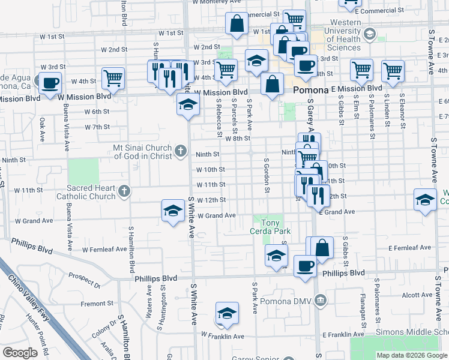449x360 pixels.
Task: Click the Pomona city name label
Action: tap(310, 90)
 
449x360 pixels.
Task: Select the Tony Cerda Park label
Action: tap(270, 226)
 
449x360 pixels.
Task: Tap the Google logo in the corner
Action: tap(20, 353)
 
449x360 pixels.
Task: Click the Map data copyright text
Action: tap(412, 355)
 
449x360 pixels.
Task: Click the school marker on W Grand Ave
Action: tap(173, 211)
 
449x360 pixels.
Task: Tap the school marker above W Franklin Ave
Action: tap(226, 314)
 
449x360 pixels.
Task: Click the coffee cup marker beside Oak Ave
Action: tap(50, 82)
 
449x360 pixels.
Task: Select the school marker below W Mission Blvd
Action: tap(188, 106)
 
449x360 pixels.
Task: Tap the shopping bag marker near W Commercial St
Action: tap(237, 23)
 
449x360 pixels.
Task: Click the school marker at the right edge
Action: tap(425, 200)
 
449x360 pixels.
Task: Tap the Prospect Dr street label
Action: tap(85, 277)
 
